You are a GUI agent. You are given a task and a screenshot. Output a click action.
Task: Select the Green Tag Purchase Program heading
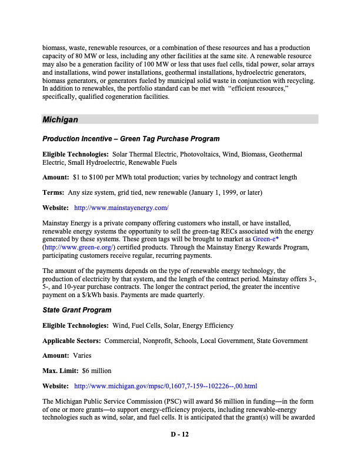(x=131, y=139)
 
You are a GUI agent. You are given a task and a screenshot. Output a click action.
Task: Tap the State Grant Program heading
(x=76, y=309)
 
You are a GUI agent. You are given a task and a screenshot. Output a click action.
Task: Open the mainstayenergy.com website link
(x=122, y=208)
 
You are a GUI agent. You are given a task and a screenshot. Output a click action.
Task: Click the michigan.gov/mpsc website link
(x=165, y=386)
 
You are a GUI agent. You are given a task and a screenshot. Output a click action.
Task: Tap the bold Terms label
(x=54, y=192)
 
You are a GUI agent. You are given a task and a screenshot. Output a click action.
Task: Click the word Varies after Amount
(x=82, y=355)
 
